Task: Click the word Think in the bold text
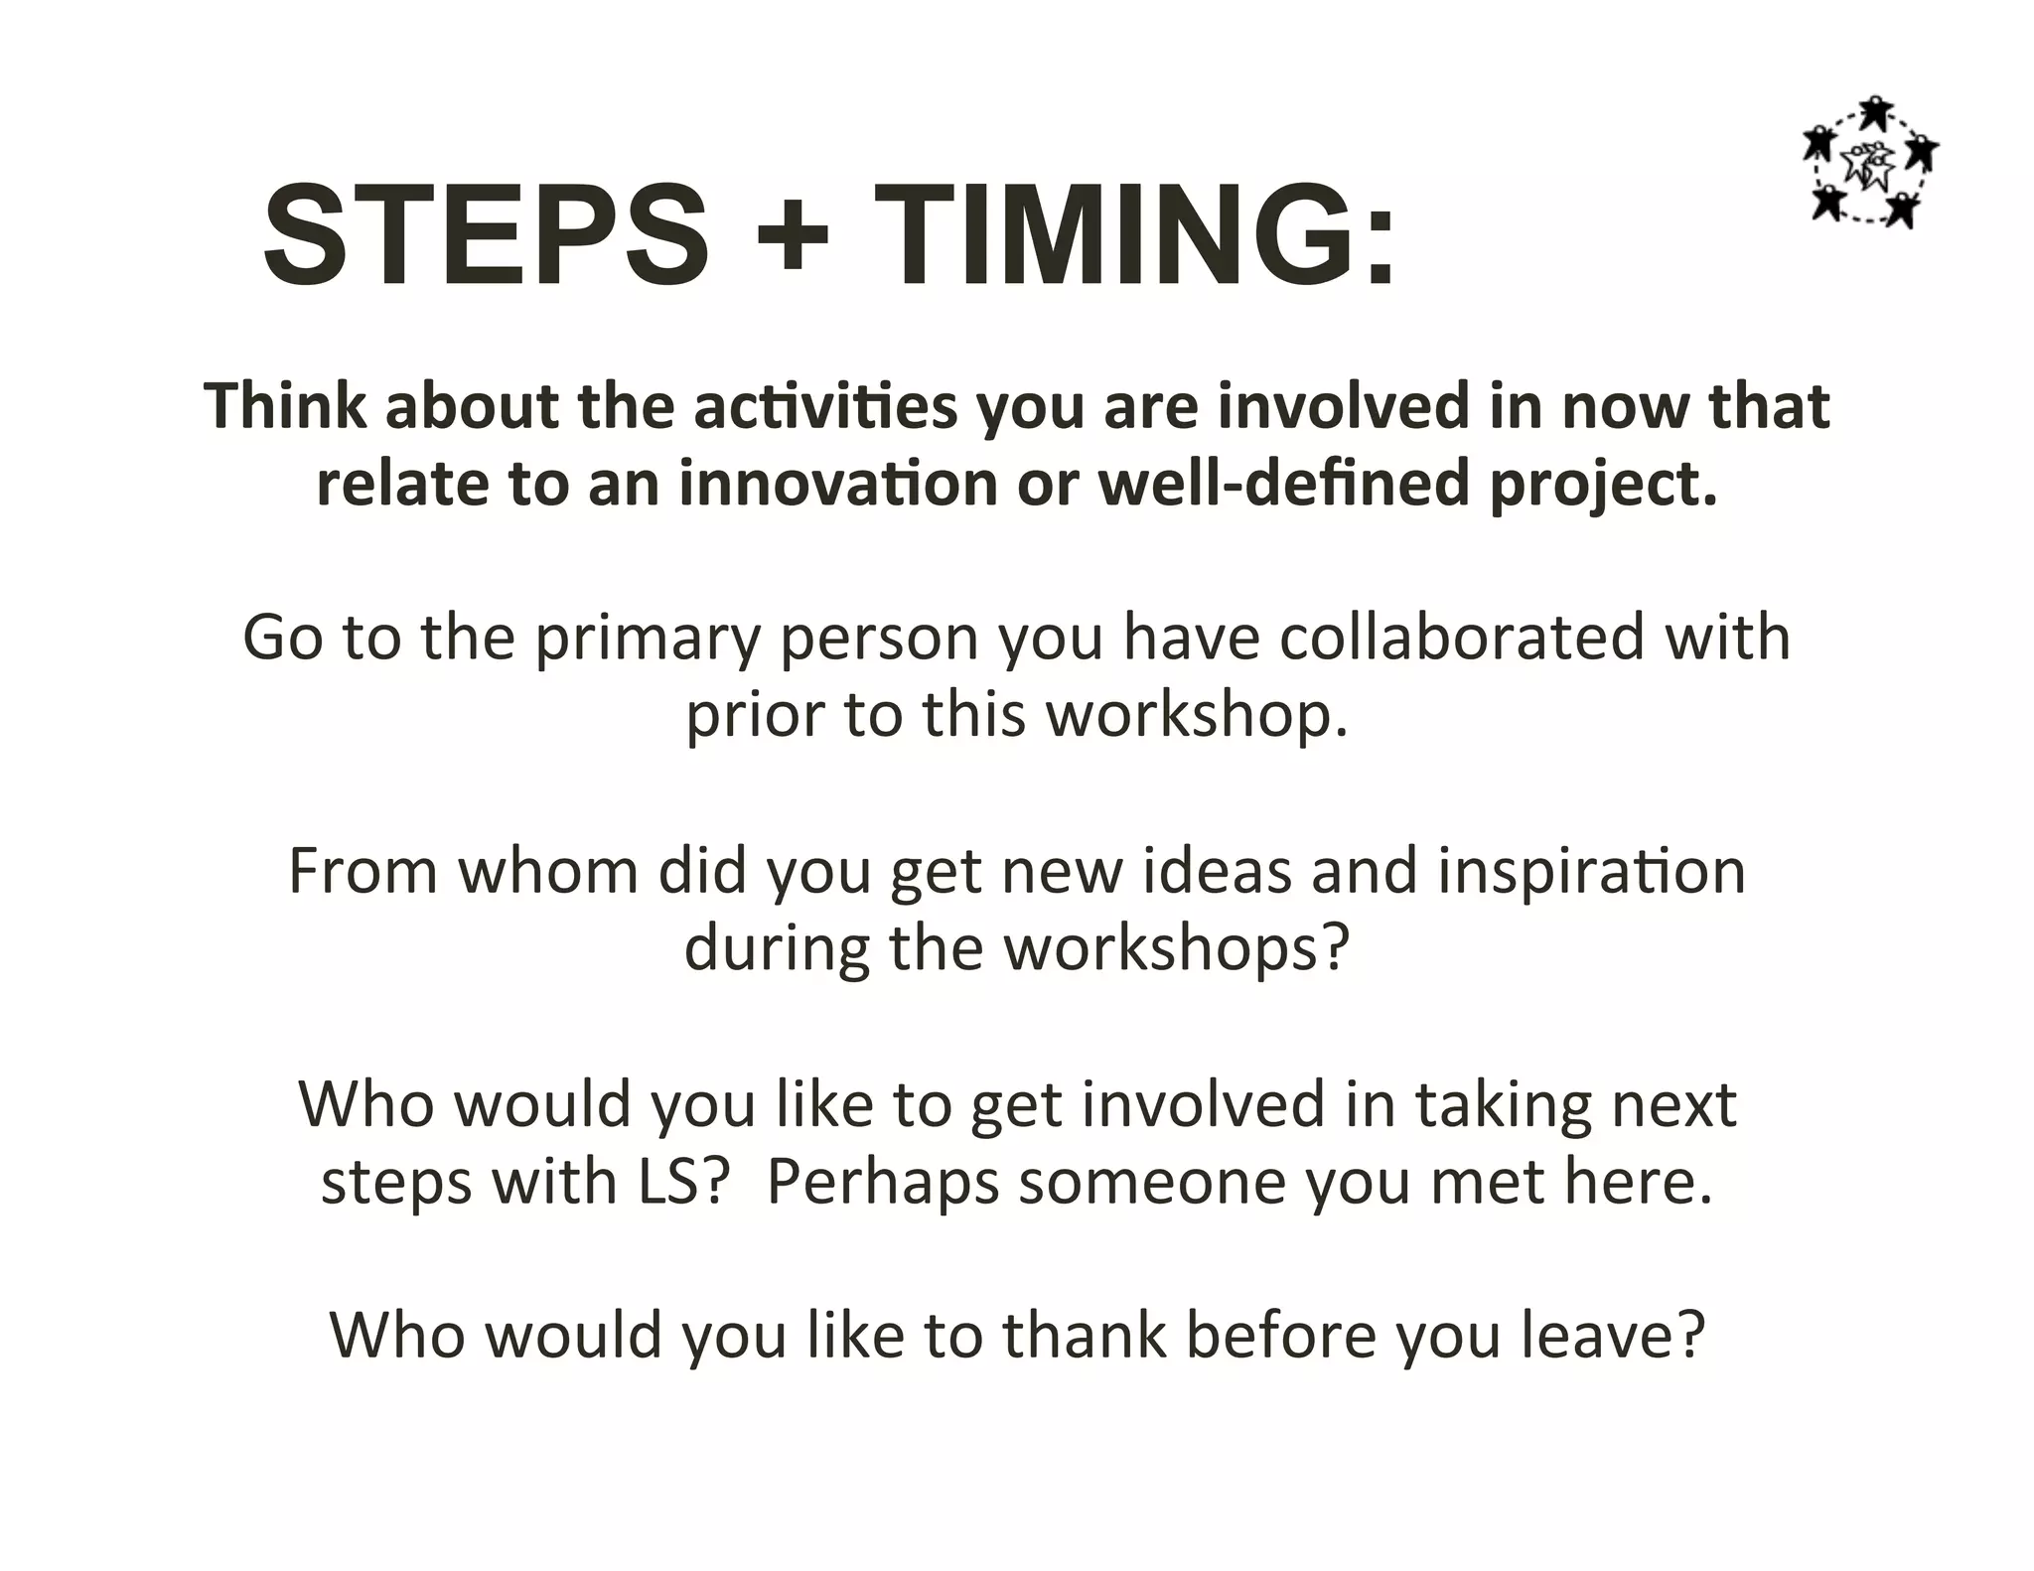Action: click(286, 406)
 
